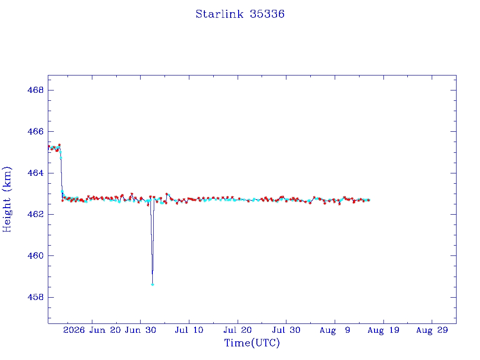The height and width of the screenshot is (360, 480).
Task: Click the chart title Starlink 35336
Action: click(240, 14)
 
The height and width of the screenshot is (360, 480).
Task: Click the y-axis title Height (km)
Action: click(7, 199)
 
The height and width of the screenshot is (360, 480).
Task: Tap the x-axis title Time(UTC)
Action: click(252, 343)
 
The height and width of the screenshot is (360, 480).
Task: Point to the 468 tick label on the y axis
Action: click(36, 90)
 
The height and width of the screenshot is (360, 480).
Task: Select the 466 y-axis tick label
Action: click(36, 131)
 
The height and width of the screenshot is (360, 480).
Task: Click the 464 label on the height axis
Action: click(36, 173)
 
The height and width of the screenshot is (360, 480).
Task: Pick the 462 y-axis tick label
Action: click(36, 214)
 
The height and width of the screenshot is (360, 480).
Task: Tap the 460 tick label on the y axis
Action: click(36, 255)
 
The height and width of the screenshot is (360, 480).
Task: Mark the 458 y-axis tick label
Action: click(36, 297)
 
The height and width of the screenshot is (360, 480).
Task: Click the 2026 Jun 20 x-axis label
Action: click(92, 330)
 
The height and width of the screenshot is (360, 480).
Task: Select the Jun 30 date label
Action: click(141, 330)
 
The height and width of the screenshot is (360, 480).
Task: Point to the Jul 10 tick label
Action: click(189, 330)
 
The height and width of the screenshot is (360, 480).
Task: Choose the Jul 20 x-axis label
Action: click(238, 330)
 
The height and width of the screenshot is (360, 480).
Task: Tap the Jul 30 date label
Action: click(286, 330)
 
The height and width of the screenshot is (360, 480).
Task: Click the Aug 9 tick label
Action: click(335, 330)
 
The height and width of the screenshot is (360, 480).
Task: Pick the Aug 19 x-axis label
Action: click(383, 330)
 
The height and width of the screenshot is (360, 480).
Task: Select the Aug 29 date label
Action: click(432, 330)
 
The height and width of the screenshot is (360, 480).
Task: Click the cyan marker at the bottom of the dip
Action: click(152, 285)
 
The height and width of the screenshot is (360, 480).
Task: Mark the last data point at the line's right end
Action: click(369, 200)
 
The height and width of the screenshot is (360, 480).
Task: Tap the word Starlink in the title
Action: click(219, 14)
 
